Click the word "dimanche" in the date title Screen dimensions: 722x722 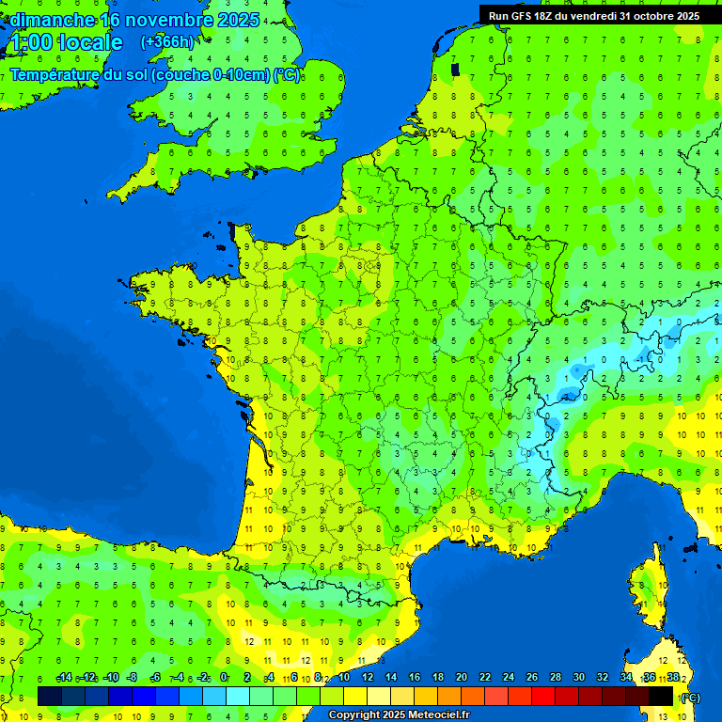51,20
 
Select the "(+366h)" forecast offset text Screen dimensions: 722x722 166,42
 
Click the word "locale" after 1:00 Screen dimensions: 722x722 90,42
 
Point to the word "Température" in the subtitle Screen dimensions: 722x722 55,75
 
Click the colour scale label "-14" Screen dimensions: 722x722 63,678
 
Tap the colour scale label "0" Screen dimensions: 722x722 224,678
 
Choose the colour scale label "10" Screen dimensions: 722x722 343,678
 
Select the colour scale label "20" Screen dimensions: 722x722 461,678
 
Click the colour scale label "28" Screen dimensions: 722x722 555,678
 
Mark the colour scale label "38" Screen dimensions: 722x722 672,678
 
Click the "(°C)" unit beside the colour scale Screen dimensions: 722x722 690,698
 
